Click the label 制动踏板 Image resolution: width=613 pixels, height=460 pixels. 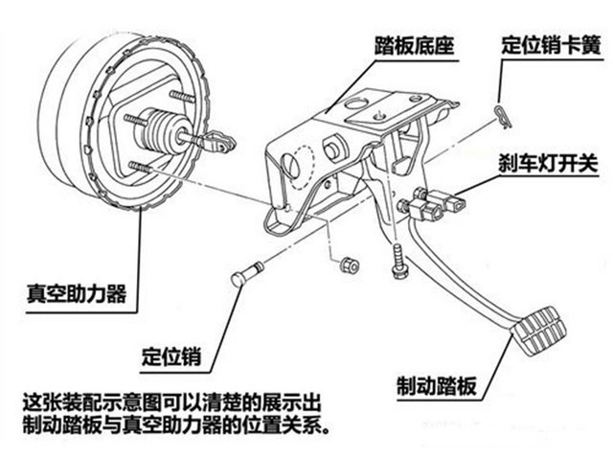pos(440,385)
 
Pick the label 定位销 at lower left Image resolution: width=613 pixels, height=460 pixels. pos(170,354)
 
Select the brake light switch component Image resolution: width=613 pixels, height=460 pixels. pos(437,203)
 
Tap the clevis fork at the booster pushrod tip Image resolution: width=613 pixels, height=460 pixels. pos(221,144)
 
